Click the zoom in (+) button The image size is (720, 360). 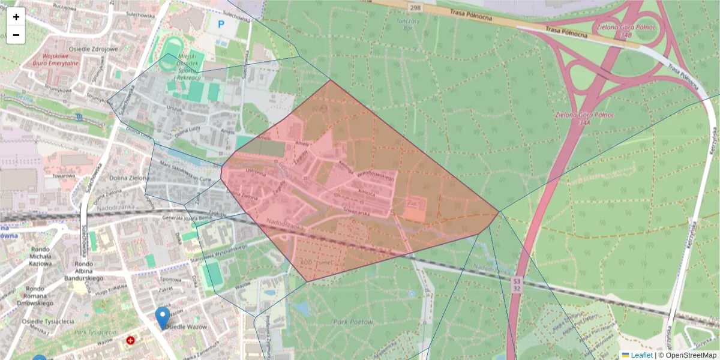16,17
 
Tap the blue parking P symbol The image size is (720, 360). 221,25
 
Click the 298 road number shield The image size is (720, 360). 414,8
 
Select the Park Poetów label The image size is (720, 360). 353,322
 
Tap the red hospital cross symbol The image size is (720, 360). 131,341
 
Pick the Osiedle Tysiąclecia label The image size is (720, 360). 48,321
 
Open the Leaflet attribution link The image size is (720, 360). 641,355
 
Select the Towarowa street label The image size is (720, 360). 62,176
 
